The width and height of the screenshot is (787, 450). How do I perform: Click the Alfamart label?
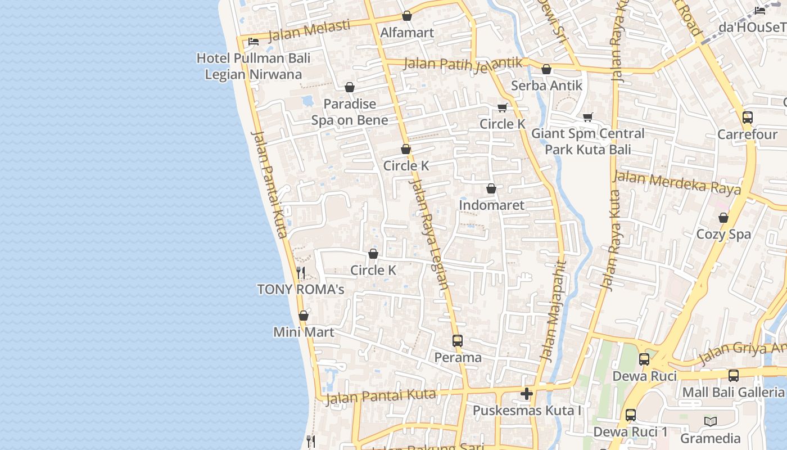click(x=407, y=33)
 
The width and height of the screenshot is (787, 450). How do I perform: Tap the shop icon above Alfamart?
click(x=407, y=16)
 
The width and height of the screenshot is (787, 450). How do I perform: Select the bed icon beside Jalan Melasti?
click(x=254, y=41)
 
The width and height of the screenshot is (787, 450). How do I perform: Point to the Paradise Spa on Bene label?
click(x=350, y=112)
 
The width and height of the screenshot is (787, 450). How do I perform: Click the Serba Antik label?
click(x=546, y=86)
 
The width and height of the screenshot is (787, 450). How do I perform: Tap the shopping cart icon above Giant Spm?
click(x=588, y=117)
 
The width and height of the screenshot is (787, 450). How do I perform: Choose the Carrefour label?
click(x=747, y=134)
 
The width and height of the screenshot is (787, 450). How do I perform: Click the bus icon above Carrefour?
click(x=748, y=118)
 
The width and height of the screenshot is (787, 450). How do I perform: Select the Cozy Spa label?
click(x=723, y=234)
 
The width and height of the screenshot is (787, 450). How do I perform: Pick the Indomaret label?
click(x=491, y=205)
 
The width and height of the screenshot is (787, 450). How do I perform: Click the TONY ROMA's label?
click(x=300, y=290)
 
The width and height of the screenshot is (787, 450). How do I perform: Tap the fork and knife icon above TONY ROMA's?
click(x=301, y=273)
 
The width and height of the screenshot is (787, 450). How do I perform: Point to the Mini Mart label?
click(x=304, y=332)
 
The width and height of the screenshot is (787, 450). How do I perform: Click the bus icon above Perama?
click(x=458, y=341)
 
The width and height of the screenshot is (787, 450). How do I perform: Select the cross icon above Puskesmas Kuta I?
click(x=527, y=394)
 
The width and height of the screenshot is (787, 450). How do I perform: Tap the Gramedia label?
click(x=711, y=438)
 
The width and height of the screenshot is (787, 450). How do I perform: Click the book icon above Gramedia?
click(x=711, y=421)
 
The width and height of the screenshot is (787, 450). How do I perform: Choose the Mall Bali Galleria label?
click(x=733, y=392)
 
